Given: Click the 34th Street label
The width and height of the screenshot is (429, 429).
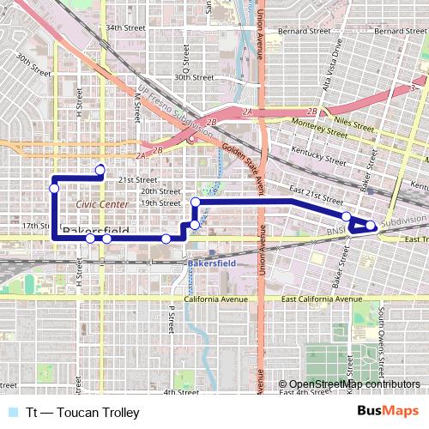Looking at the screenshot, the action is tap(123, 27).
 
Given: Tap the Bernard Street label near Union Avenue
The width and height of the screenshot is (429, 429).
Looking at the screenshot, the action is tap(304, 30).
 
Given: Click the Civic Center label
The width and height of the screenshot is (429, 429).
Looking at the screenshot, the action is tap(101, 204).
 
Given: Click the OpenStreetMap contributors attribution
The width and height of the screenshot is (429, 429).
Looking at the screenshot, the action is tap(350, 384).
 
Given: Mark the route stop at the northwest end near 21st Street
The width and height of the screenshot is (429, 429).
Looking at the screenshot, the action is tap(100, 169).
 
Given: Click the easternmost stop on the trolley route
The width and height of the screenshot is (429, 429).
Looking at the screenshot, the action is tap(371, 226).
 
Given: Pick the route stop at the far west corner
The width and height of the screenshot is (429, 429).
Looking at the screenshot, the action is tap(54, 188).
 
